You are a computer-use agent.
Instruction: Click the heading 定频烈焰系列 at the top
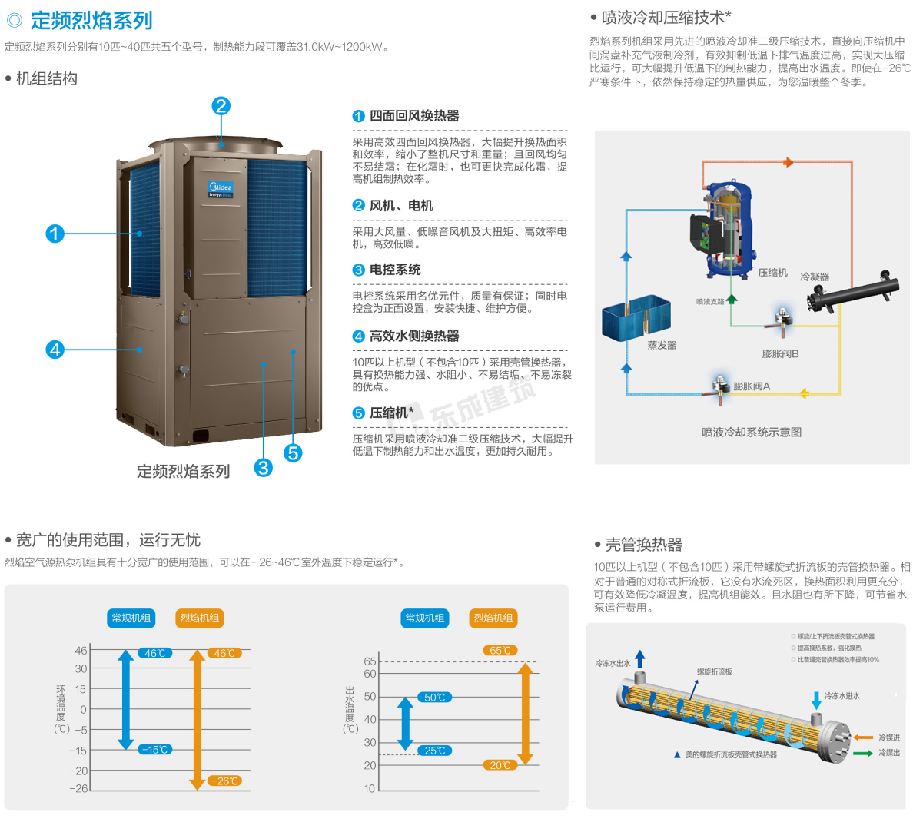click(x=91, y=21)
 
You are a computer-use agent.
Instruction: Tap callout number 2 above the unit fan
click(x=221, y=106)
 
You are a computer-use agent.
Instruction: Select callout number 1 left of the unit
click(x=55, y=234)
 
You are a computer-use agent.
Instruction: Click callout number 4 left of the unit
click(x=55, y=350)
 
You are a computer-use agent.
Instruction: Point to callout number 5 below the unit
click(x=293, y=453)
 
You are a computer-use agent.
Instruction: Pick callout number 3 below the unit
click(x=264, y=467)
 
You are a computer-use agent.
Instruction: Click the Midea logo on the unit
click(x=221, y=187)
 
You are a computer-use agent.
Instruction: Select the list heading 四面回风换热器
click(x=414, y=116)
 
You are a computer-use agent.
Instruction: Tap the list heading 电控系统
click(x=395, y=270)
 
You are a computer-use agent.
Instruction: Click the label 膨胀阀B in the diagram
click(x=781, y=354)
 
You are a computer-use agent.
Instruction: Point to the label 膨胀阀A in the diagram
click(x=752, y=386)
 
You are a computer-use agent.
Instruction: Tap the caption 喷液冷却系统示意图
click(x=751, y=433)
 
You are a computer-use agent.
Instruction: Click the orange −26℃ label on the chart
click(x=224, y=781)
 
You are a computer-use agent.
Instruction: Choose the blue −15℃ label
click(x=155, y=750)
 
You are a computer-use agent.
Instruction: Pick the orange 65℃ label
click(x=500, y=651)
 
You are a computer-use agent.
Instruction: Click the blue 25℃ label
click(x=435, y=751)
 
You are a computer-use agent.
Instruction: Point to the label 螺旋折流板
click(x=715, y=671)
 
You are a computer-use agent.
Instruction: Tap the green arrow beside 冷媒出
click(x=863, y=754)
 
